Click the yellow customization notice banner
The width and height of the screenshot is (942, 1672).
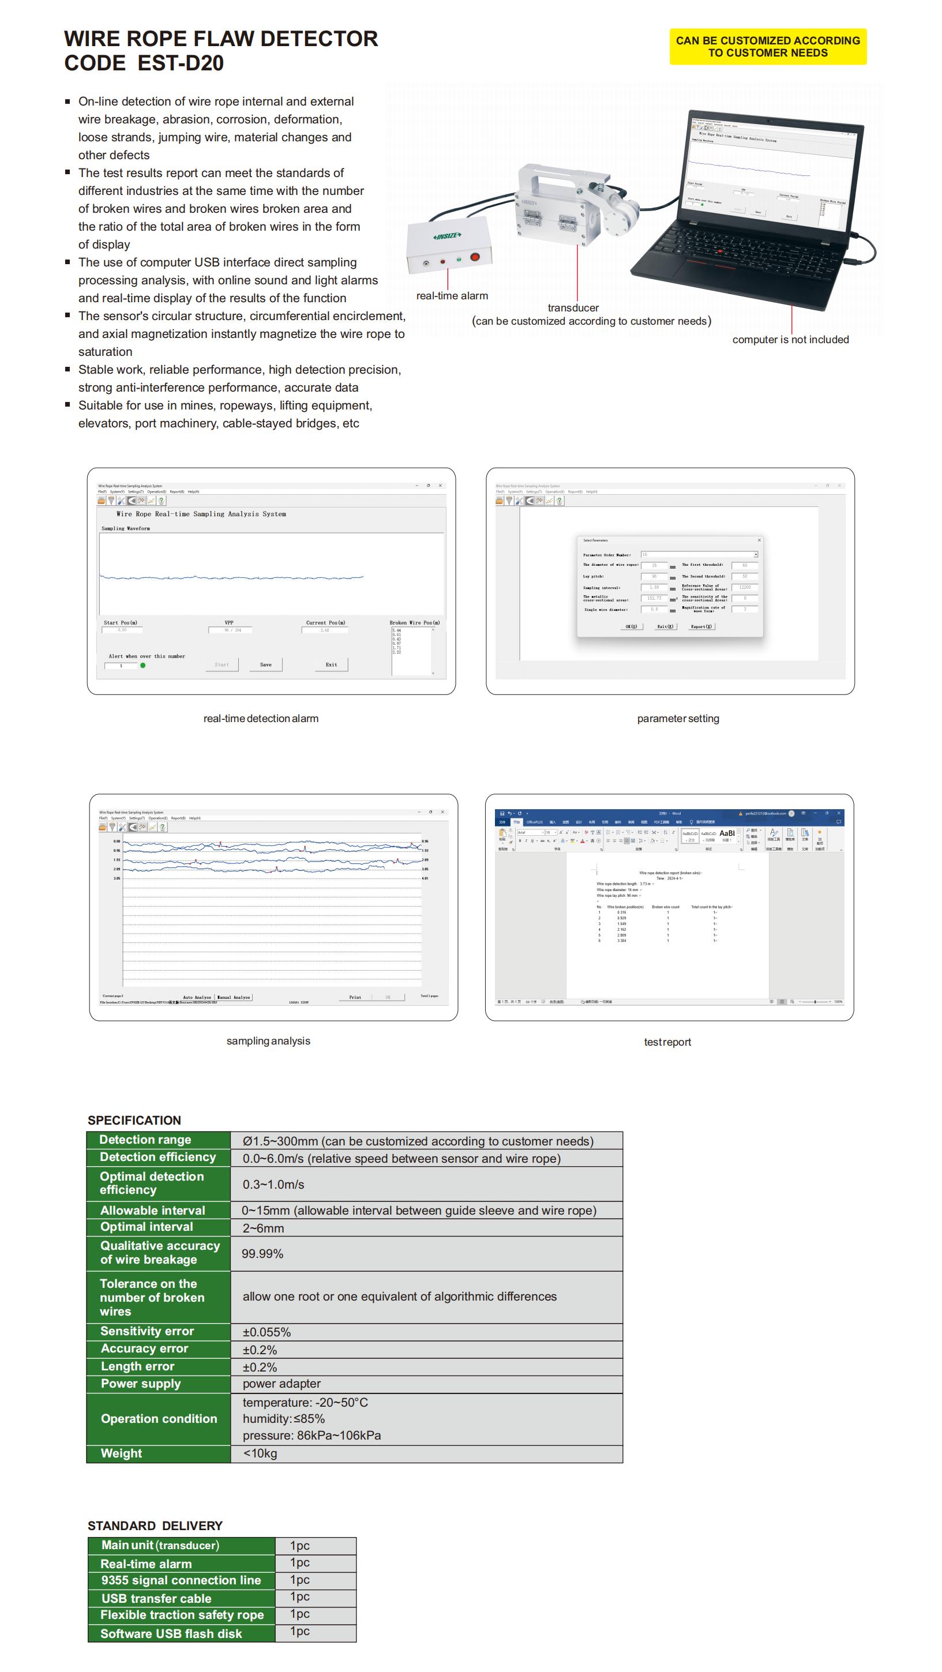tap(767, 47)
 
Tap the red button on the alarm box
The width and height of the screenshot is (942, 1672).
tap(475, 257)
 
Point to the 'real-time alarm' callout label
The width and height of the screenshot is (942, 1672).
tap(452, 296)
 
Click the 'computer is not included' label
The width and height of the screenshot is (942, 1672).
tap(790, 340)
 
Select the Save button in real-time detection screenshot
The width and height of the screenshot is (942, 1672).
tap(265, 664)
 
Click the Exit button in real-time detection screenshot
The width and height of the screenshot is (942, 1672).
tap(331, 664)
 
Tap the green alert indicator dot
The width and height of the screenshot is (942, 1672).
tap(143, 666)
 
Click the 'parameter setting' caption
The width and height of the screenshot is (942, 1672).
tap(678, 719)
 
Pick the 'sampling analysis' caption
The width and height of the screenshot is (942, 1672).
tap(268, 1041)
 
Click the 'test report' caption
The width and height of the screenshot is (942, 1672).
tap(667, 1042)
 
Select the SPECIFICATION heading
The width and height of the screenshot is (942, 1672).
tap(134, 1120)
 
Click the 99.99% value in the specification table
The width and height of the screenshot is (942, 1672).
tap(262, 1254)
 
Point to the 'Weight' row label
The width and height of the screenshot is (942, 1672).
tap(121, 1454)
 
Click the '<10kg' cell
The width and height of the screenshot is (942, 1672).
tap(260, 1454)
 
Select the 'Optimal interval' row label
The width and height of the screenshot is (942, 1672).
tap(147, 1227)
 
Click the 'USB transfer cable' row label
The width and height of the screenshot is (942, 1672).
tap(156, 1599)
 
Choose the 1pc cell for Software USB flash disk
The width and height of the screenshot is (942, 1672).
tap(299, 1632)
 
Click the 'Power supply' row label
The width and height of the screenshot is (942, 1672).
tap(141, 1384)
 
